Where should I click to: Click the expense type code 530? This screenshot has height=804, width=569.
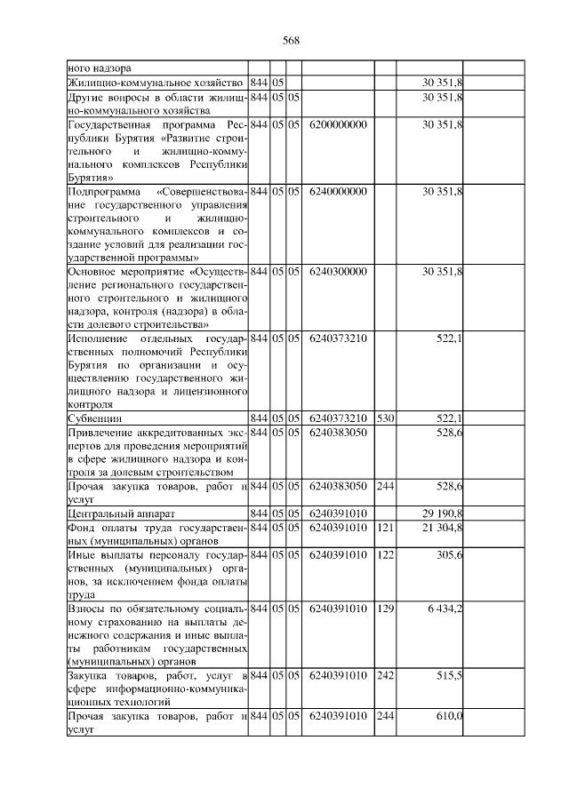point(384,418)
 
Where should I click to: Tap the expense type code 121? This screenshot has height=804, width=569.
point(384,528)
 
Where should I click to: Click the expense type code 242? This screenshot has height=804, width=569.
point(384,676)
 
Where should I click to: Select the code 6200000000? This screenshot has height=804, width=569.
point(339,124)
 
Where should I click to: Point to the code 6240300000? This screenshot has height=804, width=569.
point(339,271)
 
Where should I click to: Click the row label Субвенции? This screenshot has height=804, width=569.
point(95,418)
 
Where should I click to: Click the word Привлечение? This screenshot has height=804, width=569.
point(100,432)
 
